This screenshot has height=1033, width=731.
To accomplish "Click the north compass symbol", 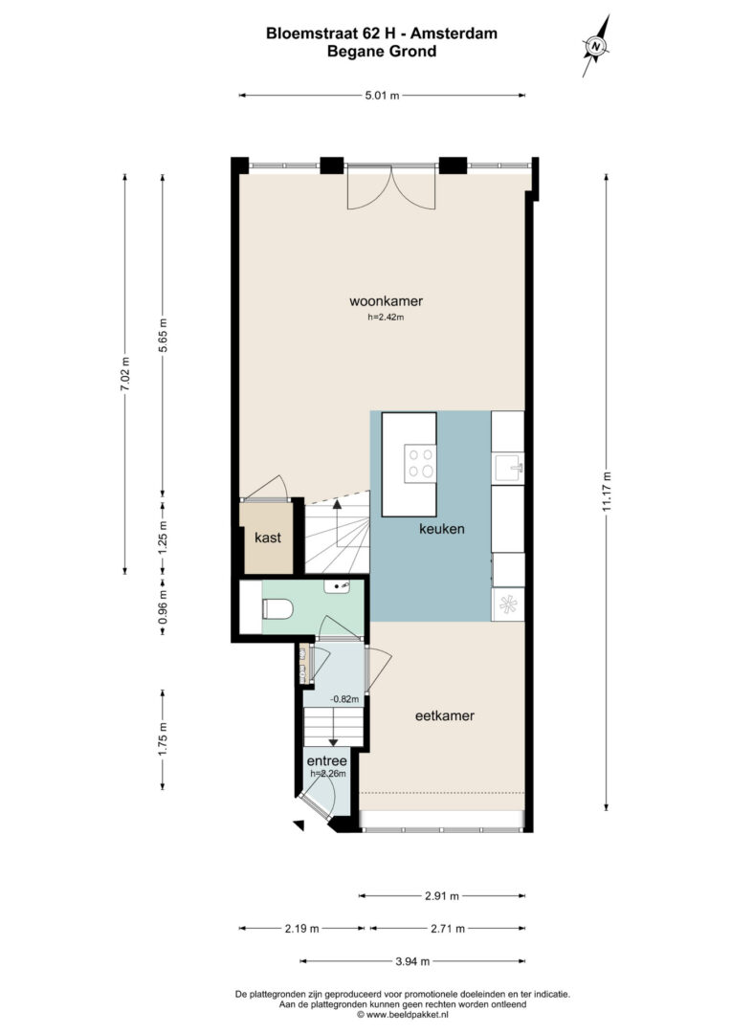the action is [x=596, y=46].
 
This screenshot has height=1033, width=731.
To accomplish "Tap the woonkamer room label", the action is [x=386, y=301].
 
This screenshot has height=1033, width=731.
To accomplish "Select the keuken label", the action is [x=442, y=528].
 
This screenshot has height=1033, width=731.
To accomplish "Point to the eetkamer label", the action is [x=445, y=715].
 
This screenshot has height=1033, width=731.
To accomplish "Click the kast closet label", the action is [x=268, y=538].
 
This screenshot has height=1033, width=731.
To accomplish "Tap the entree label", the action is [x=327, y=761].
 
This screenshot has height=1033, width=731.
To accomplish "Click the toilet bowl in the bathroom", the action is [x=277, y=608].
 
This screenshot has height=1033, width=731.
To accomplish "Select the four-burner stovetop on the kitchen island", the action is [x=420, y=463].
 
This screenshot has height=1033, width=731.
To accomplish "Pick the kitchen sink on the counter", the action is [x=508, y=469].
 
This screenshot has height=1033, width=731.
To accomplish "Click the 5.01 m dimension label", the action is [x=383, y=96].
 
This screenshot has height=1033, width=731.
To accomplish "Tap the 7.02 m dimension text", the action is [x=125, y=374].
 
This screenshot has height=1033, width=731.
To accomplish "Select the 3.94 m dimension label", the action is [x=412, y=961].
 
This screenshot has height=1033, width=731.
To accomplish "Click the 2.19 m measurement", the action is [x=302, y=928].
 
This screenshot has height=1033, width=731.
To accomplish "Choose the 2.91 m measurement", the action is [x=442, y=895].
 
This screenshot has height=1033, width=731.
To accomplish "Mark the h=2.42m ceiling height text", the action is [x=386, y=317].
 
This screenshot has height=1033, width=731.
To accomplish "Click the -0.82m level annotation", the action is [x=344, y=699].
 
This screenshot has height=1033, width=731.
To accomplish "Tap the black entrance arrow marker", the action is [x=299, y=824].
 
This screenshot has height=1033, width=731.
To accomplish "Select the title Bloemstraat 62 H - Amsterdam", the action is [x=382, y=33].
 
